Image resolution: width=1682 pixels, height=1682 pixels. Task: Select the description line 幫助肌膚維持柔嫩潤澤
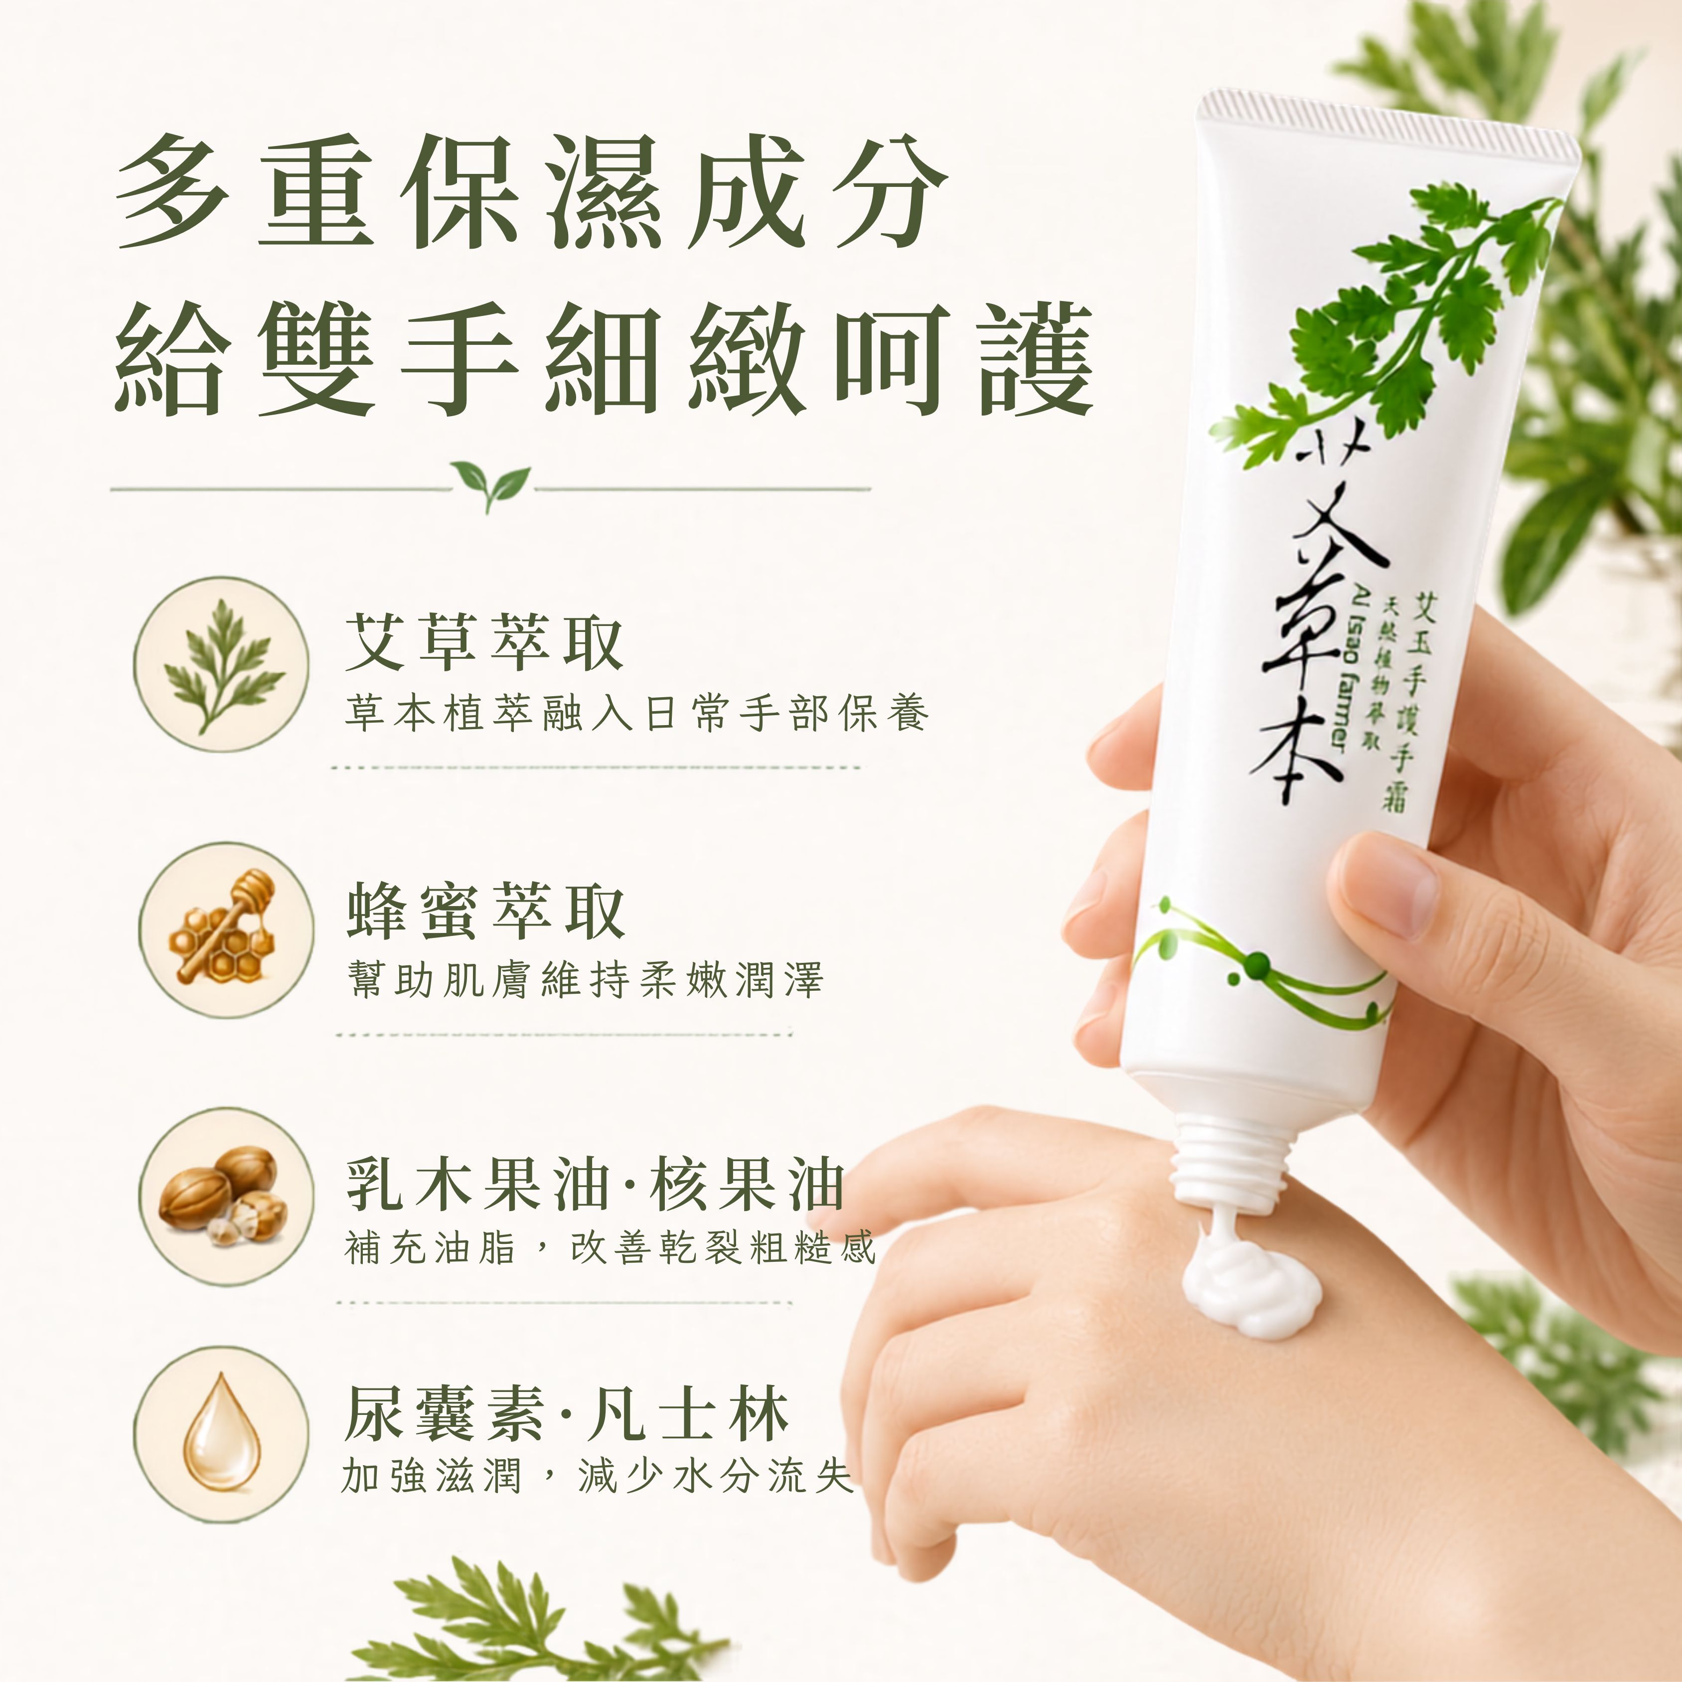pyautogui.click(x=583, y=979)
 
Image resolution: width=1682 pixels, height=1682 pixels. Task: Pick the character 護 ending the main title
pyautogui.click(x=1036, y=359)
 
